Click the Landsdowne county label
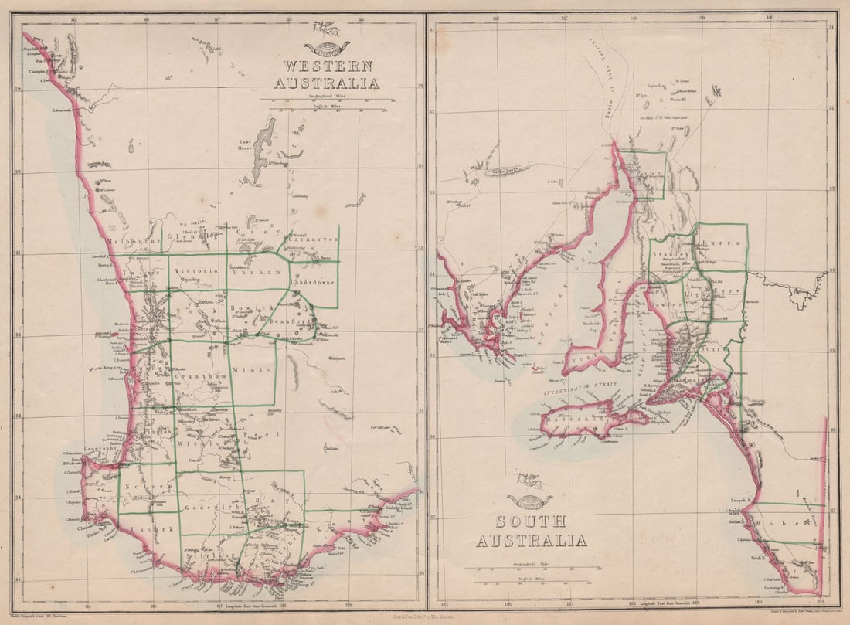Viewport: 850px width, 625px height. pos(313,284)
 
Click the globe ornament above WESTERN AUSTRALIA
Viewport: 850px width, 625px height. pos(327,49)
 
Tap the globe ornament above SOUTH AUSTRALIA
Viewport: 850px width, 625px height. pos(530,501)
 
